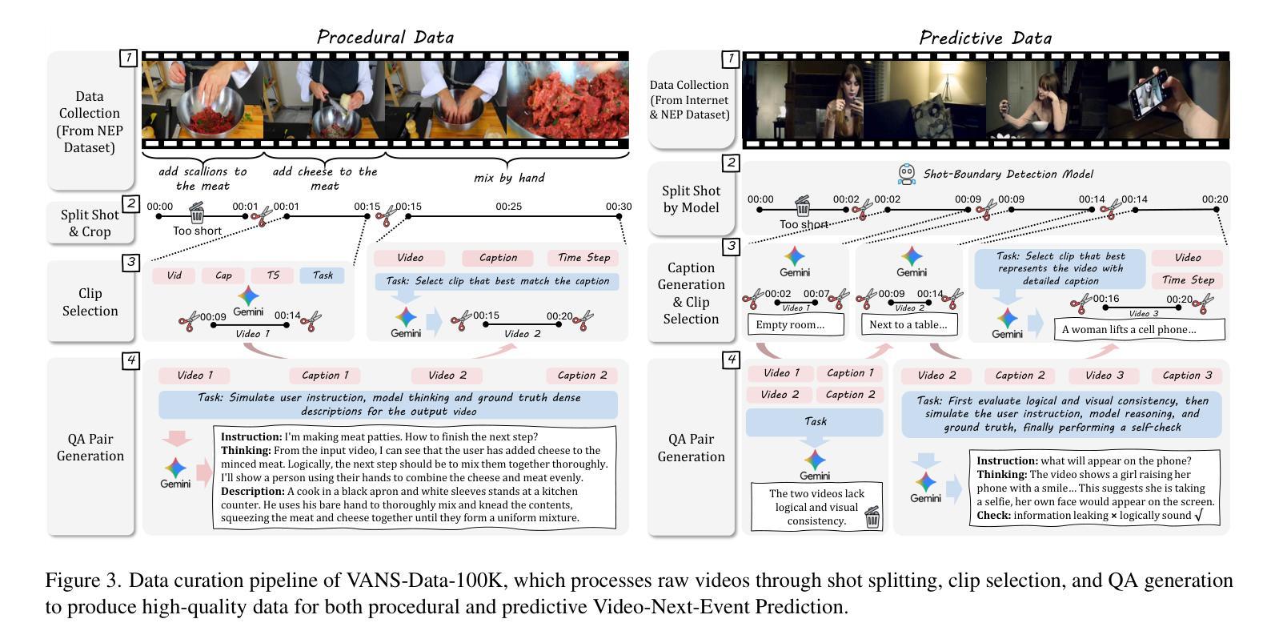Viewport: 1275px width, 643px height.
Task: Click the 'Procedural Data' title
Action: click(385, 37)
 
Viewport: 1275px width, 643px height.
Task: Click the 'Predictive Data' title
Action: click(985, 38)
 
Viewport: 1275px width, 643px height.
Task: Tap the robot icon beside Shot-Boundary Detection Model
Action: click(906, 174)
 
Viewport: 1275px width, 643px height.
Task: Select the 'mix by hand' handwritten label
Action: click(508, 178)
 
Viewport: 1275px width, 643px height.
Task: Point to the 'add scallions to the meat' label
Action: click(202, 179)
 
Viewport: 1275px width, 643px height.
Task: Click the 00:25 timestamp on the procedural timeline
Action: click(508, 207)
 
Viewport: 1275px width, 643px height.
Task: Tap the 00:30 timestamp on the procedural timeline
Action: click(618, 207)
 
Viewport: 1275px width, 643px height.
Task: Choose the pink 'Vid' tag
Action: click(174, 275)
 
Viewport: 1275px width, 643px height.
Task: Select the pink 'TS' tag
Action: click(273, 275)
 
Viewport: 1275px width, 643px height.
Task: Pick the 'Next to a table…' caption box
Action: click(908, 324)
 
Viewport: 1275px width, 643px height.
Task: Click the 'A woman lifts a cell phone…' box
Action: click(1139, 329)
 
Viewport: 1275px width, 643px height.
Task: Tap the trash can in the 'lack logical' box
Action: click(872, 517)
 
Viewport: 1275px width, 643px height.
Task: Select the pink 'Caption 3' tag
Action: click(1186, 375)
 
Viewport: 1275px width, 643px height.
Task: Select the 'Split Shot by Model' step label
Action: click(691, 199)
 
